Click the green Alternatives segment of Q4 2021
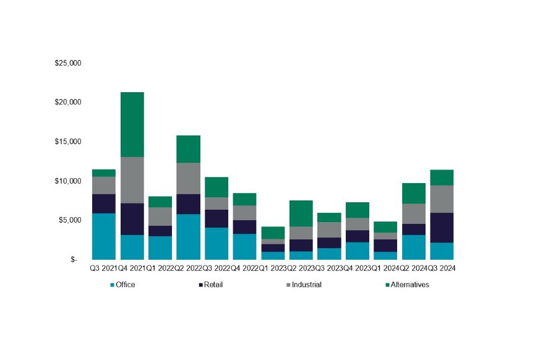(132, 124)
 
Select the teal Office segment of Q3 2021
(103, 236)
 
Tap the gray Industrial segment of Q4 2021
(132, 180)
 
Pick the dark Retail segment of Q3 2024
(442, 228)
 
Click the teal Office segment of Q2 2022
(188, 237)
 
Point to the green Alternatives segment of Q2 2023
(301, 213)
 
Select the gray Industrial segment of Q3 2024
(442, 199)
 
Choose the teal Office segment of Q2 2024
(414, 247)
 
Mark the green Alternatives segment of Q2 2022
(188, 149)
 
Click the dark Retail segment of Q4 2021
(132, 219)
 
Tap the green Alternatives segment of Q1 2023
(273, 233)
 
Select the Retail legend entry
(213, 285)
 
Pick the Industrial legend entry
(304, 285)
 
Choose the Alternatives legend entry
(406, 285)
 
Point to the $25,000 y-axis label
(68, 63)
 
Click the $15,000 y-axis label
(68, 142)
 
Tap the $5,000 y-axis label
(70, 220)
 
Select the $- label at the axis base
(74, 260)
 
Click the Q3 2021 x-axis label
(103, 268)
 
